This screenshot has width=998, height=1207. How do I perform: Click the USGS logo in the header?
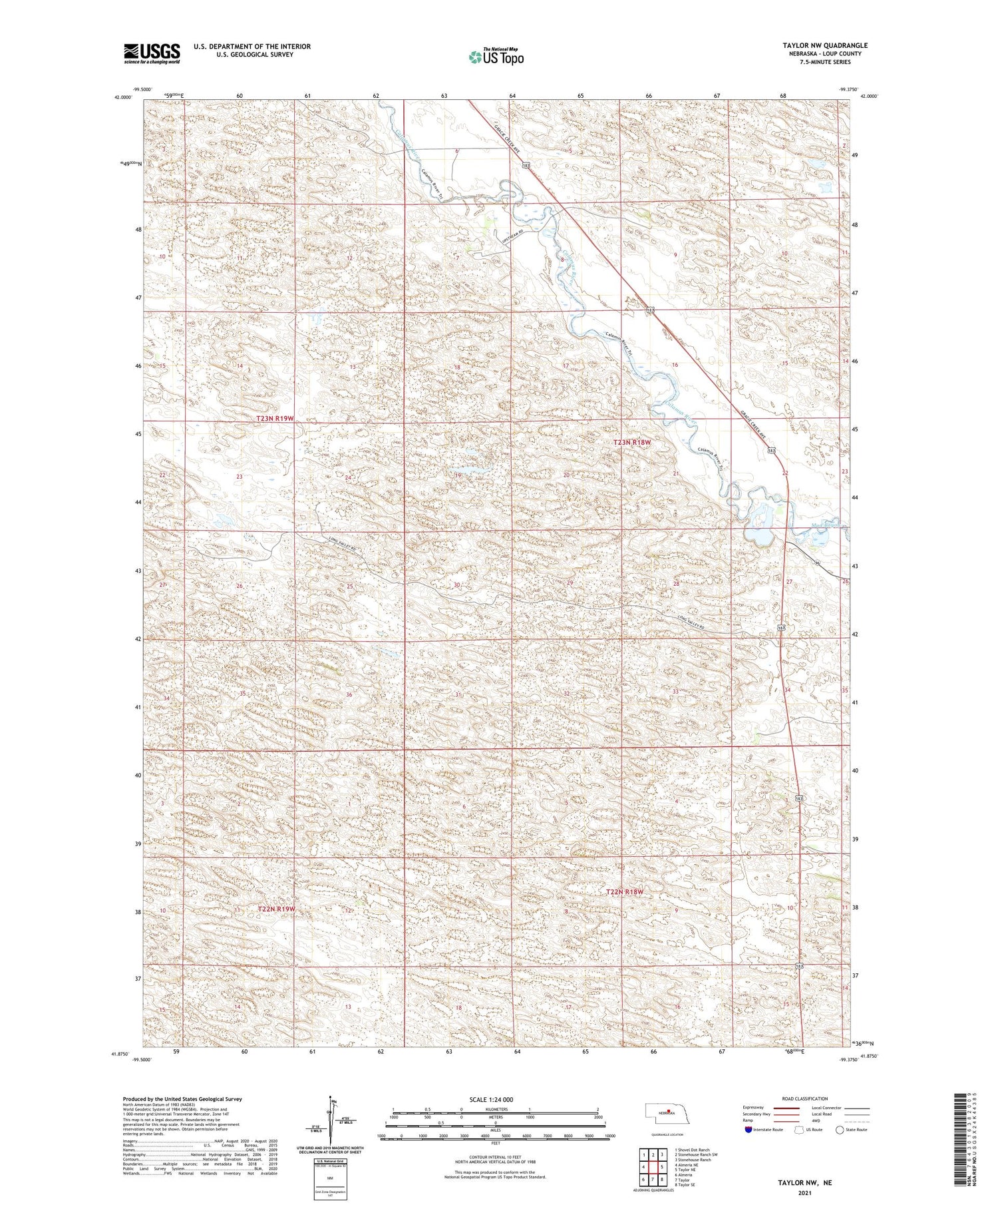coord(152,53)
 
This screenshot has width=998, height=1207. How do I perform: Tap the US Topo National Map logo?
coord(496,57)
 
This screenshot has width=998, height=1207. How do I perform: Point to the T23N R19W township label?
coord(275,418)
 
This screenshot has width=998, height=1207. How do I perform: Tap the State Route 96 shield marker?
coord(816,563)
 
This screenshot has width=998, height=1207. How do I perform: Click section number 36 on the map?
coord(349,694)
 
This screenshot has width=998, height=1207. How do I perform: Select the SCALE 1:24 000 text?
coord(494,1099)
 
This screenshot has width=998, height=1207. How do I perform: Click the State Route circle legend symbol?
coord(840,1130)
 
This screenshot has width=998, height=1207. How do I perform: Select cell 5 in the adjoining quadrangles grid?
coord(663,1167)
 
